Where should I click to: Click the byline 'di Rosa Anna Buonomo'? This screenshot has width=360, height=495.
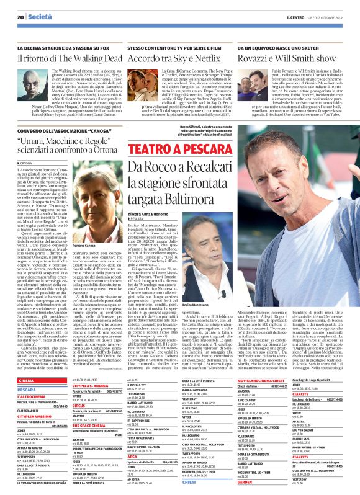[161, 214]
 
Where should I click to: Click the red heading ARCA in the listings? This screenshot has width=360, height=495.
[115, 422]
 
